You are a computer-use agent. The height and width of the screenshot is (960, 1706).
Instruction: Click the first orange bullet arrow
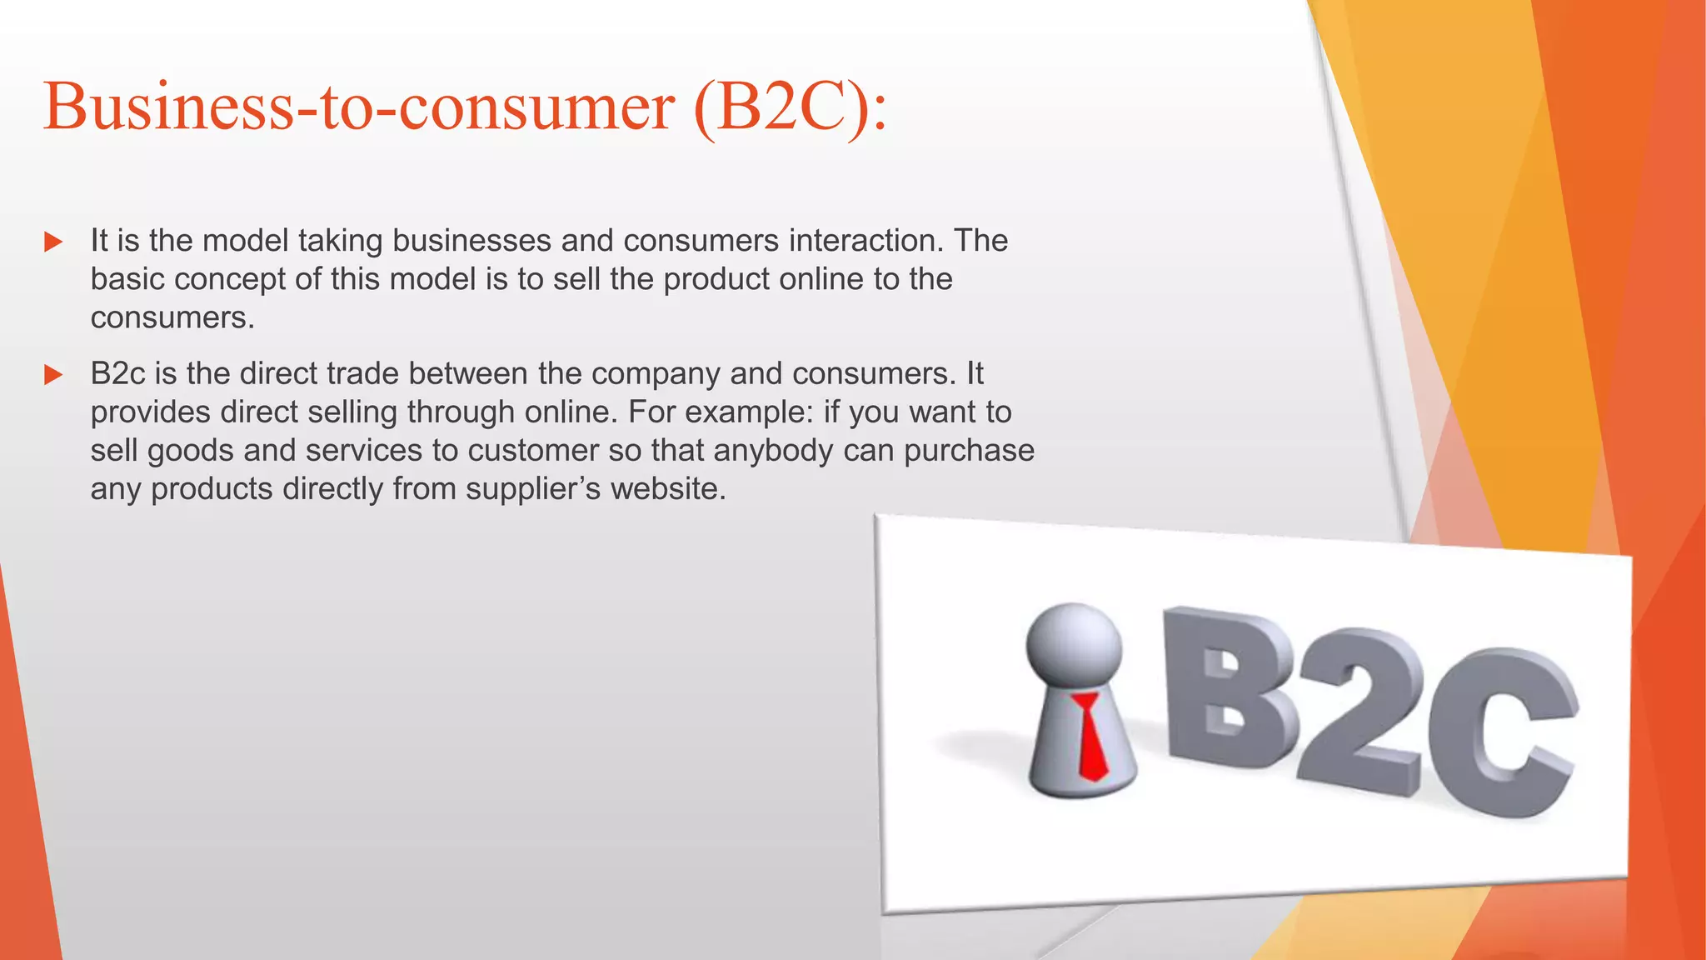pos(53,242)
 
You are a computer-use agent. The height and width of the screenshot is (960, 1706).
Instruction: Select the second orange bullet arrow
pos(53,375)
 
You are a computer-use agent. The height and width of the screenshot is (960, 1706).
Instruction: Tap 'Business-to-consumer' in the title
pos(358,108)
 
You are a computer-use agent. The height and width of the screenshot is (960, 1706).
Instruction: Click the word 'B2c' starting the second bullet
pos(117,373)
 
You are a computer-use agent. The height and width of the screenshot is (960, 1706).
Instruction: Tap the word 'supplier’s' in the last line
pos(533,488)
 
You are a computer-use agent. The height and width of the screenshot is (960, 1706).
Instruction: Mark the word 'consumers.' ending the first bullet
pos(172,317)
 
